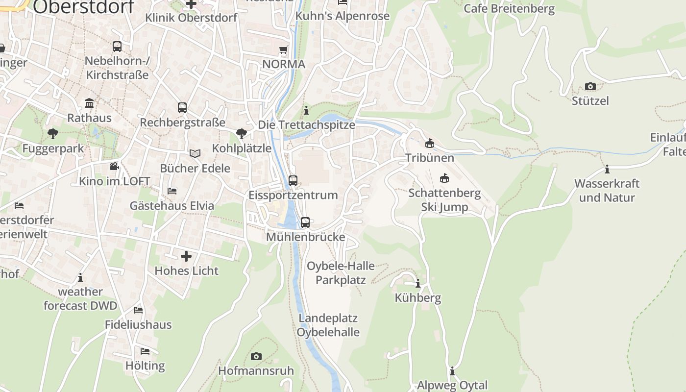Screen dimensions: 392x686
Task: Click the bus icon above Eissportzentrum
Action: coord(293,180)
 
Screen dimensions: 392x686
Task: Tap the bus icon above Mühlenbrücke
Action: coord(305,222)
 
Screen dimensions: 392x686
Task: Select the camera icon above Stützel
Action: coord(590,87)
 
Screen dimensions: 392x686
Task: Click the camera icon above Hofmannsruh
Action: coord(256,356)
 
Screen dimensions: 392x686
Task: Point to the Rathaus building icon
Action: coord(89,103)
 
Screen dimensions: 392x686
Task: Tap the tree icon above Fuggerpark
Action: coord(52,133)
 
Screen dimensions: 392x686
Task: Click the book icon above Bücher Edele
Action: coord(195,154)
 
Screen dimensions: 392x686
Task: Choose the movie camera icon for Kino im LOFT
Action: coord(114,167)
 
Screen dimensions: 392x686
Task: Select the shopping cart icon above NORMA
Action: coord(283,49)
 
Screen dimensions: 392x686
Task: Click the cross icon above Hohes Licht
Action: coord(186,256)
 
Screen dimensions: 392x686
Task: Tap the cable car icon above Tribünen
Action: coord(430,143)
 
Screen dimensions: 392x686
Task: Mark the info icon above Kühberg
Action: coord(418,283)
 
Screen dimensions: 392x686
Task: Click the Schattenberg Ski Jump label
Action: coord(444,200)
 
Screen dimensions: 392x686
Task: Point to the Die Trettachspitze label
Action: coord(307,124)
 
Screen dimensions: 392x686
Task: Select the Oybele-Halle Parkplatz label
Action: coord(341,273)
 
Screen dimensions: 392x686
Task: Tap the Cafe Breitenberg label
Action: coord(509,8)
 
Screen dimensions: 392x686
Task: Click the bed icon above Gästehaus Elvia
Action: coord(171,191)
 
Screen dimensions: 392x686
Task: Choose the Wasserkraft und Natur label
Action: coord(607,191)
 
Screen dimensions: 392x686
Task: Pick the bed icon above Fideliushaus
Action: coord(138,310)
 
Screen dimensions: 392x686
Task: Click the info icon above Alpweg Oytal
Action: coord(452,371)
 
